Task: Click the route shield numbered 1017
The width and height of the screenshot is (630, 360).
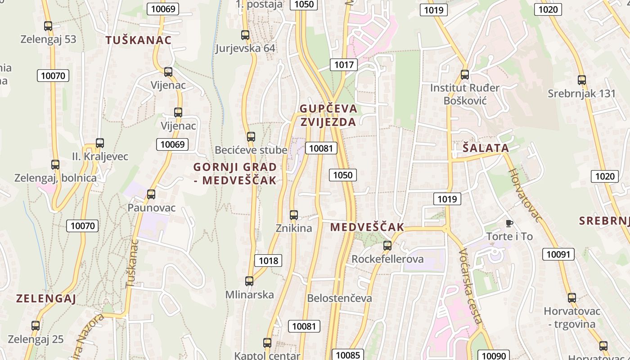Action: pyautogui.click(x=344, y=65)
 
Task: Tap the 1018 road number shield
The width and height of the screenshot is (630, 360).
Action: pyautogui.click(x=269, y=260)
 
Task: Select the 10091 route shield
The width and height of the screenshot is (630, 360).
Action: pyautogui.click(x=558, y=254)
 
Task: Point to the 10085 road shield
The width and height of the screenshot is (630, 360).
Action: pyautogui.click(x=348, y=355)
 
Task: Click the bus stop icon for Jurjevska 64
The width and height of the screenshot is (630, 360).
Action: pyautogui.click(x=245, y=35)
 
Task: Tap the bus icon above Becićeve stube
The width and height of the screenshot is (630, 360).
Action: pyautogui.click(x=251, y=136)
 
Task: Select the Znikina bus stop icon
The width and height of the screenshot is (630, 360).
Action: pyautogui.click(x=294, y=215)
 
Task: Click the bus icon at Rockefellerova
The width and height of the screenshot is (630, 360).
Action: pyautogui.click(x=387, y=246)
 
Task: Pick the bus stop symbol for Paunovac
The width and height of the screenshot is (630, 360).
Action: pyautogui.click(x=151, y=194)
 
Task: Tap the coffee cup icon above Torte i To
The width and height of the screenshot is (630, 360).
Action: pyautogui.click(x=509, y=223)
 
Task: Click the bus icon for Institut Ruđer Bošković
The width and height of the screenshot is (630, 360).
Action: pyautogui.click(x=465, y=75)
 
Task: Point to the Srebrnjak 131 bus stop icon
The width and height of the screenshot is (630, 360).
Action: pyautogui.click(x=582, y=80)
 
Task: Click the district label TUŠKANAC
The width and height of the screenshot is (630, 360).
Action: pyautogui.click(x=139, y=40)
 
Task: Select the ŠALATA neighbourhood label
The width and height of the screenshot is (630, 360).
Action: pyautogui.click(x=486, y=148)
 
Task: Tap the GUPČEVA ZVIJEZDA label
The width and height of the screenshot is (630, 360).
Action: pyautogui.click(x=328, y=115)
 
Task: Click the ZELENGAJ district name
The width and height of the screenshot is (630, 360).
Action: pyautogui.click(x=46, y=298)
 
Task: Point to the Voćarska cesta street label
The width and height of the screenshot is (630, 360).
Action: pyautogui.click(x=471, y=286)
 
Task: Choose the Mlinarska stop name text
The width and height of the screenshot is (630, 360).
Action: pyautogui.click(x=250, y=295)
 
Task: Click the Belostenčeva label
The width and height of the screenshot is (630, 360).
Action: pyautogui.click(x=339, y=298)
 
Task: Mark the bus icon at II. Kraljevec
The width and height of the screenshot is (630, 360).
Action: pyautogui.click(x=100, y=143)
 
